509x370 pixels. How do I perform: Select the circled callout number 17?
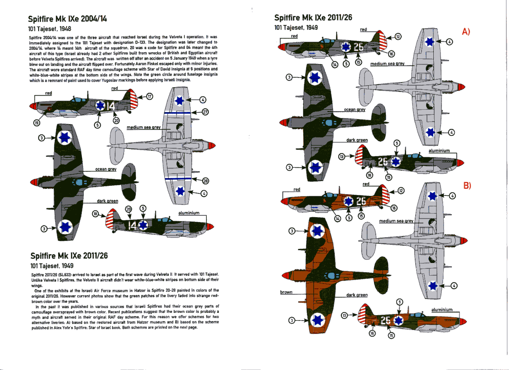point(150,96)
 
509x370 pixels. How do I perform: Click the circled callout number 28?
point(204,180)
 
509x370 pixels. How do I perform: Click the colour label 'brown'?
point(286,292)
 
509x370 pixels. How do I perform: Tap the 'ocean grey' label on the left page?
point(106,169)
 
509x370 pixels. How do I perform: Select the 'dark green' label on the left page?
point(107,201)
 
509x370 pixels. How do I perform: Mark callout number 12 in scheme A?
point(398,36)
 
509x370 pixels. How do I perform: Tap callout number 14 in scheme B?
point(337,219)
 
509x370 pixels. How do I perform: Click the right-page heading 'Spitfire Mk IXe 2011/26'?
point(313,18)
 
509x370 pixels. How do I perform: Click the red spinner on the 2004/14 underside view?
point(213,145)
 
